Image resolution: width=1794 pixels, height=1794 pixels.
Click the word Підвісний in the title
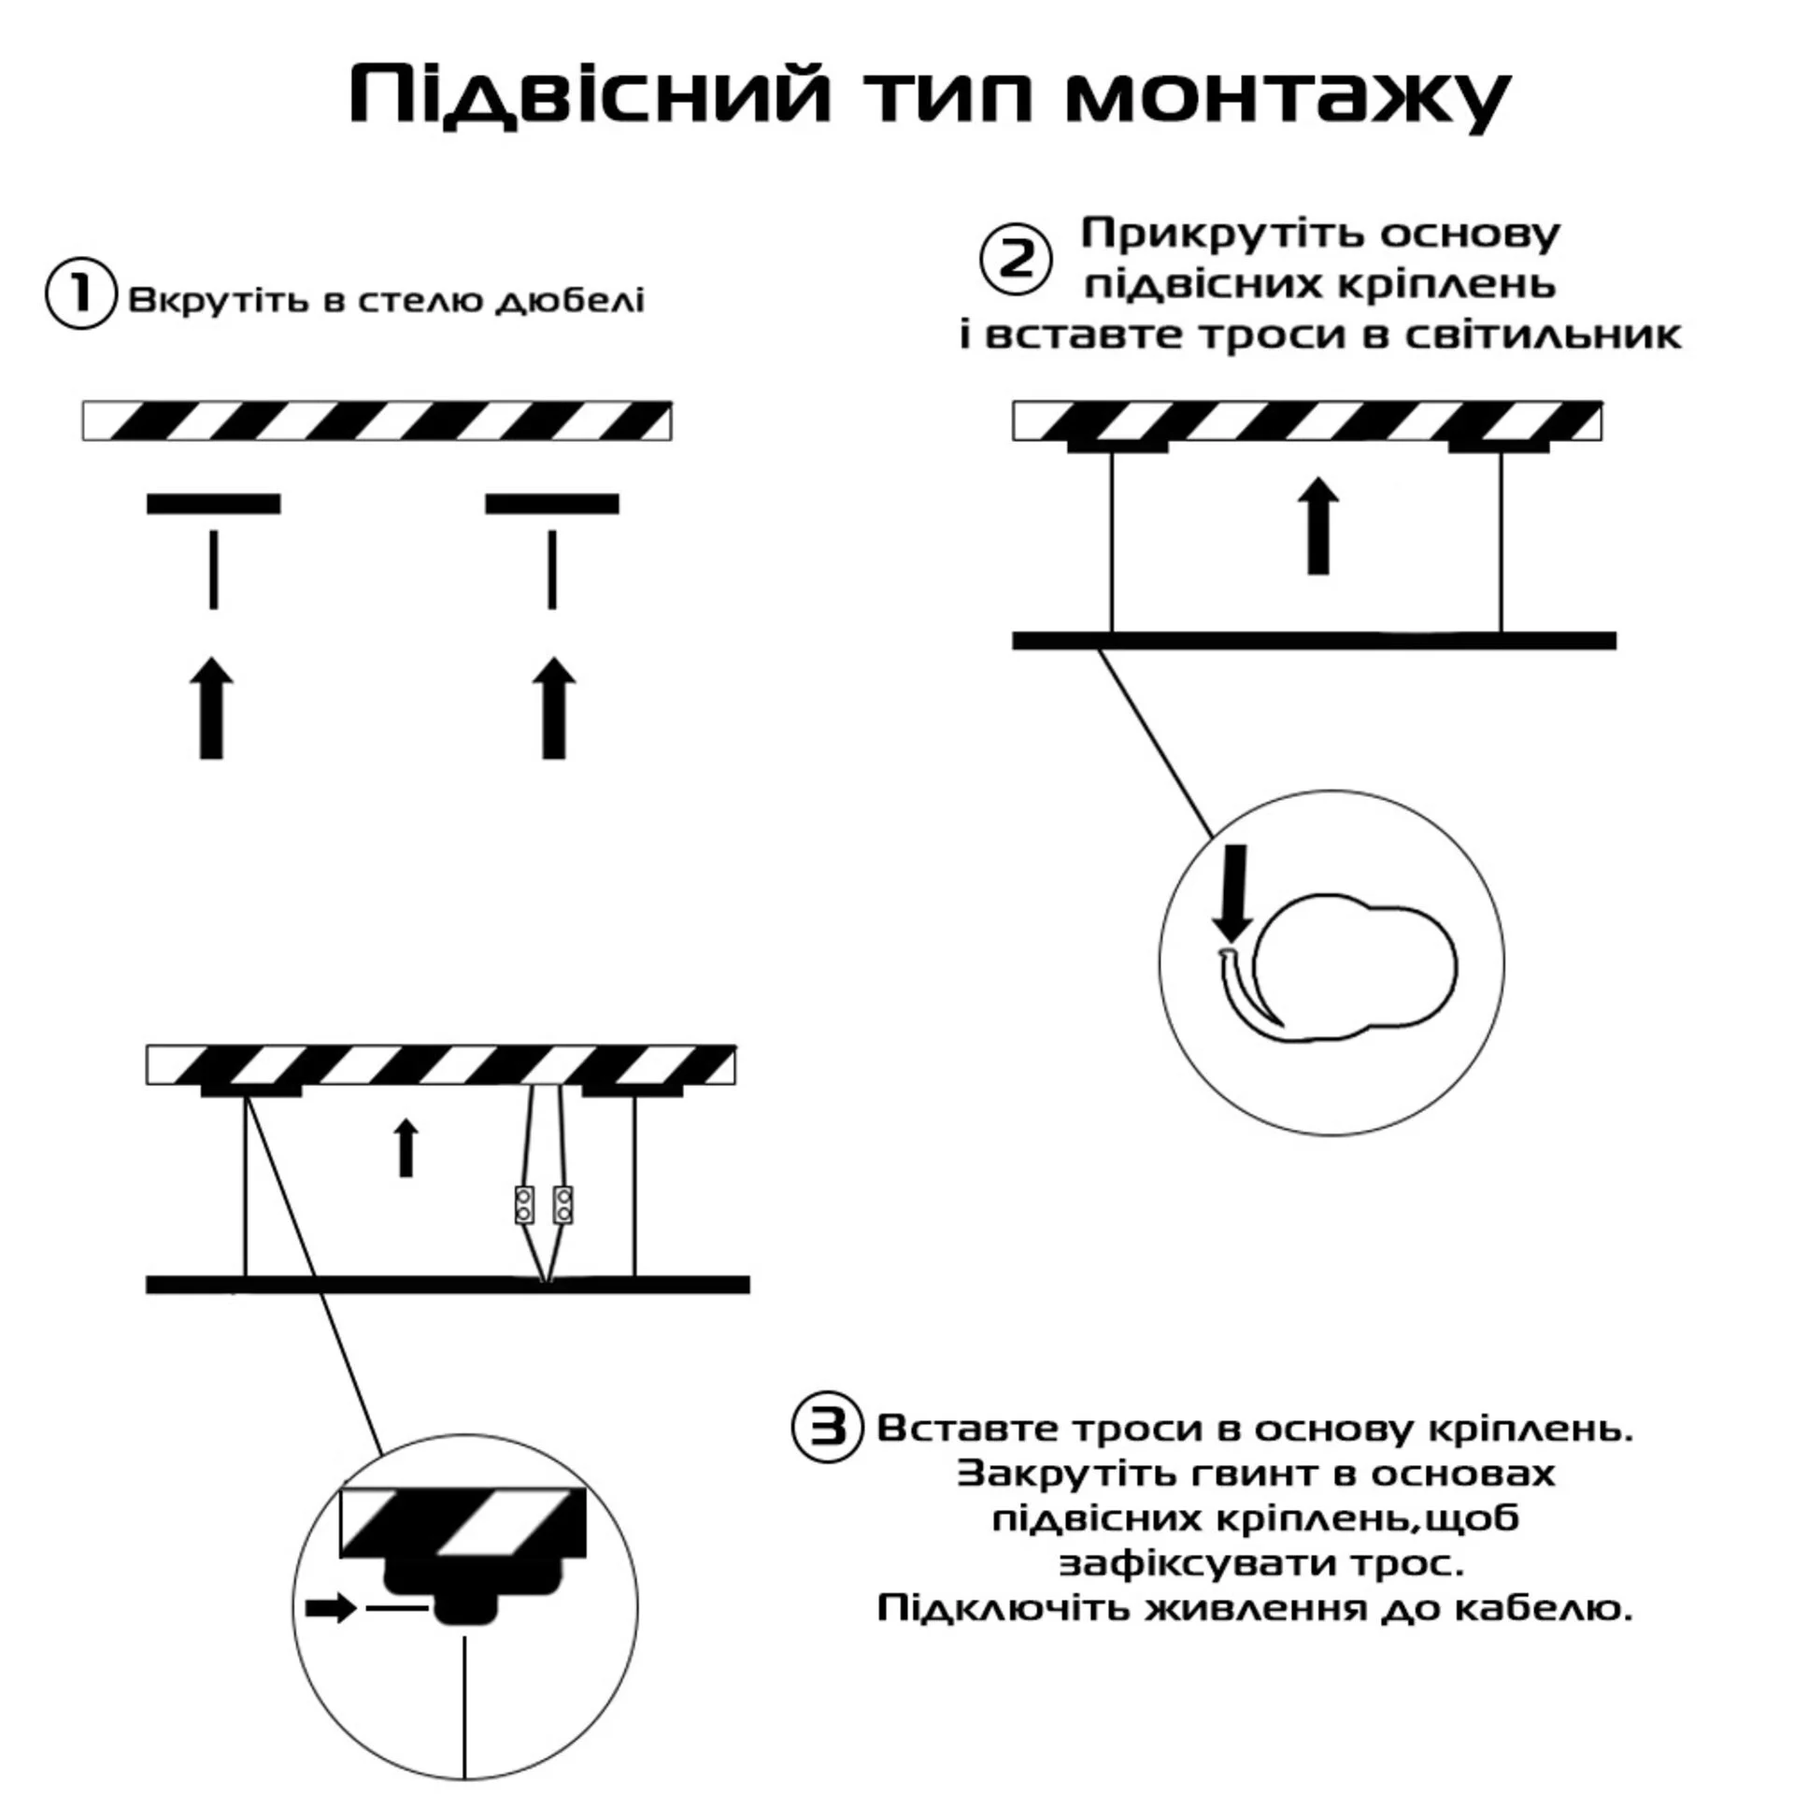click(x=590, y=96)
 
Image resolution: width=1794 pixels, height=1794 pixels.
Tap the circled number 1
click(x=80, y=293)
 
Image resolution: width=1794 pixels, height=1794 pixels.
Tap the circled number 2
click(x=1016, y=259)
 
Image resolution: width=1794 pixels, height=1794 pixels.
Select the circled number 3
click(x=827, y=1454)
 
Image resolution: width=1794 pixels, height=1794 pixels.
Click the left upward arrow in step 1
click(x=212, y=707)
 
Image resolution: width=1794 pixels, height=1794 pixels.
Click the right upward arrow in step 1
click(x=554, y=707)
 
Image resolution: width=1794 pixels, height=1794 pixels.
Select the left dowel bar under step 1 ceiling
click(x=213, y=505)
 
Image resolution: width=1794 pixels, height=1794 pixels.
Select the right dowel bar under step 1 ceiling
click(x=551, y=505)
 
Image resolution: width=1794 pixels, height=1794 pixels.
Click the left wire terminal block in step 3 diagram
click(x=524, y=1204)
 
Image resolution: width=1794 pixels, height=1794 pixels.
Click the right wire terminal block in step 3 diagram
click(x=562, y=1204)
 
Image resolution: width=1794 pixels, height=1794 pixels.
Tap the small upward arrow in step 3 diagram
click(x=406, y=1147)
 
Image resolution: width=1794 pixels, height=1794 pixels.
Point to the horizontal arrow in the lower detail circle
click(x=332, y=1608)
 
